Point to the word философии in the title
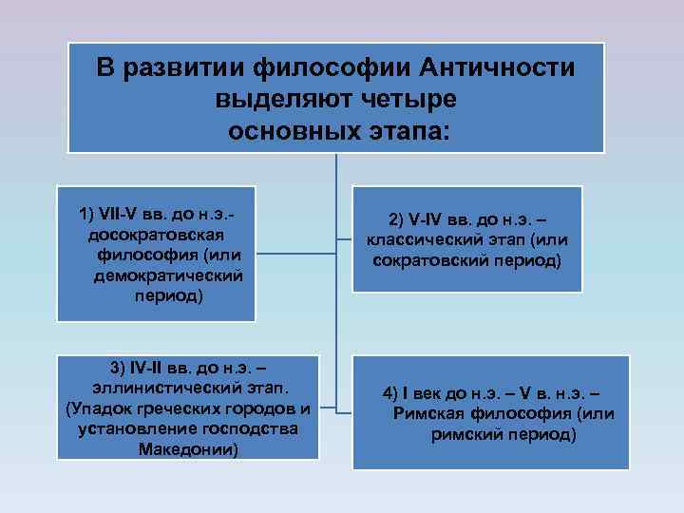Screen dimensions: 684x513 pos(332,68)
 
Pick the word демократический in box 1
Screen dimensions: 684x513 pos(168,275)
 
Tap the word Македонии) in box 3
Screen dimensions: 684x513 pos(189,448)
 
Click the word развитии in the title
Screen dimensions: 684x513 pos(199,68)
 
